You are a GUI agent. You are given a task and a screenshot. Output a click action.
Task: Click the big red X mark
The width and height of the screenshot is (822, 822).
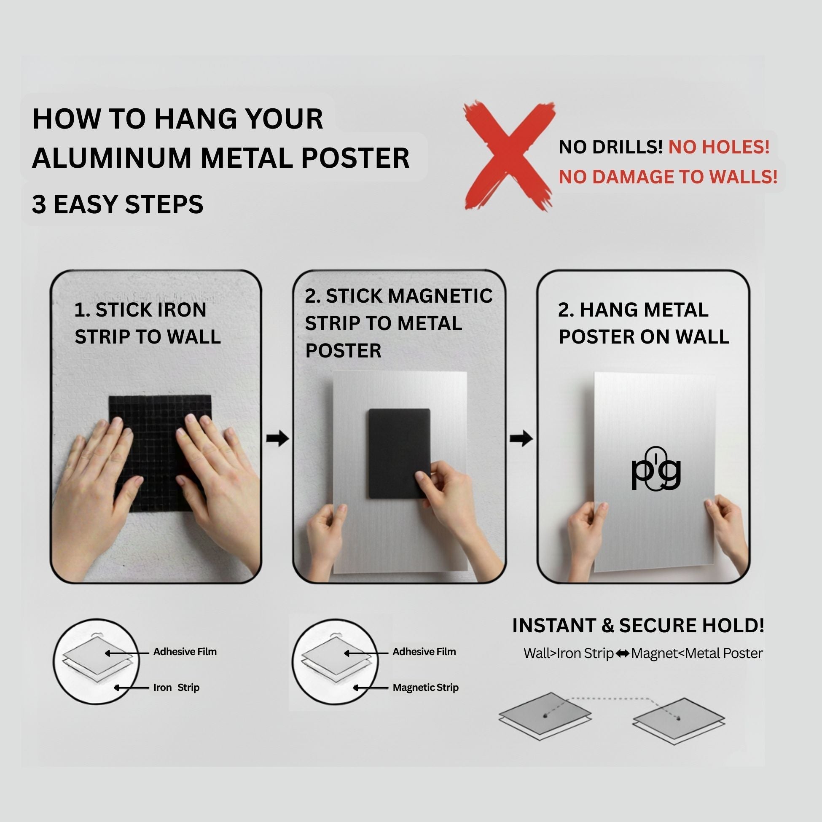click(509, 156)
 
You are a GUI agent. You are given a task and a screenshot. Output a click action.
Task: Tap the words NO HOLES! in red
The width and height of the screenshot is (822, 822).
click(719, 147)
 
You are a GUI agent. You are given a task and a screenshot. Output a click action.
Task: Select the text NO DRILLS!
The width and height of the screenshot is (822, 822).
click(610, 147)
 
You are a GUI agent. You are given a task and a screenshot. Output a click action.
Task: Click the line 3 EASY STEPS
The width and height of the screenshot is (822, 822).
click(118, 204)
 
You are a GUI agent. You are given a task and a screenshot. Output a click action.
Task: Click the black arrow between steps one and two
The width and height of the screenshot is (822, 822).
click(277, 438)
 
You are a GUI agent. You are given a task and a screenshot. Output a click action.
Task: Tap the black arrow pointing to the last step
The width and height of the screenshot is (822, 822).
click(521, 438)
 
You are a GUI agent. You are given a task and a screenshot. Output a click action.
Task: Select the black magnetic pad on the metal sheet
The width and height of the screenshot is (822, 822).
click(399, 453)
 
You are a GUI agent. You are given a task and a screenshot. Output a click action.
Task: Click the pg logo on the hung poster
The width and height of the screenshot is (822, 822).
click(655, 469)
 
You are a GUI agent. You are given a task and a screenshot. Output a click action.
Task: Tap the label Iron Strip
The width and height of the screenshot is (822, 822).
click(176, 688)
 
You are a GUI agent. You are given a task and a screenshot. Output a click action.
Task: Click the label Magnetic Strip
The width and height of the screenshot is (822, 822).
click(425, 688)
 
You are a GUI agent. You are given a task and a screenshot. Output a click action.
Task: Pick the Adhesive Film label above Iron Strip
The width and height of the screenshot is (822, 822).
click(185, 652)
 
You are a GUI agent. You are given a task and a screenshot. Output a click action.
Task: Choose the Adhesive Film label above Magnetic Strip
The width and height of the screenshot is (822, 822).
click(424, 652)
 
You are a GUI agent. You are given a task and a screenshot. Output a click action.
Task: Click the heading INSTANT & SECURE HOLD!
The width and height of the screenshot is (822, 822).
click(638, 626)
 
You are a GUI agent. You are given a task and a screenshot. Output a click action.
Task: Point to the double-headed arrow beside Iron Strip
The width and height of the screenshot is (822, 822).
click(623, 653)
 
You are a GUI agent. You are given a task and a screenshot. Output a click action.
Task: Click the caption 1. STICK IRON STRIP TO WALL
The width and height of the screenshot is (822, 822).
click(148, 323)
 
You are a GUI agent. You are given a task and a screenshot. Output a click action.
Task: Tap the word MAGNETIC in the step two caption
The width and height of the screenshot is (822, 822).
click(441, 296)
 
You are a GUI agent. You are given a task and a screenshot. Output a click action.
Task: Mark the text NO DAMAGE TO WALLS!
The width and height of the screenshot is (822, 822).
click(668, 177)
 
